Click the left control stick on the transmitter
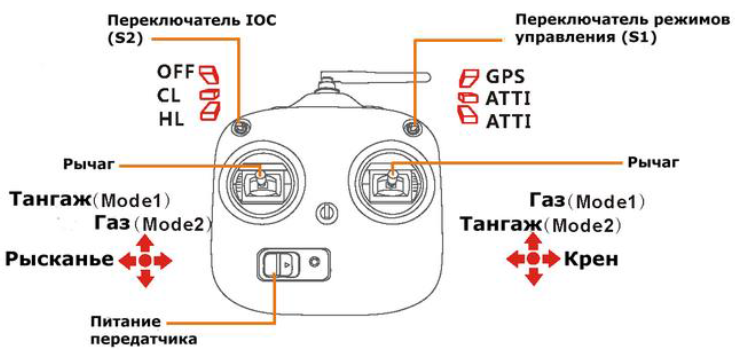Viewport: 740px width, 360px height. tap(262, 179)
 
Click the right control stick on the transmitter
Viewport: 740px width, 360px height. tap(392, 179)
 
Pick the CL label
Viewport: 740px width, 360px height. tap(169, 95)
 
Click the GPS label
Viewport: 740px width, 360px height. tap(506, 75)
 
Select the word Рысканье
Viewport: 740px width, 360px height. tap(57, 260)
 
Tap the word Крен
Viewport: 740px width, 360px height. tap(591, 260)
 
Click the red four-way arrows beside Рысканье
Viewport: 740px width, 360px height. tap(146, 261)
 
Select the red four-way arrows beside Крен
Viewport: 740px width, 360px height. tap(533, 260)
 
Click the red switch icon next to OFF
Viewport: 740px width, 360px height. tap(208, 73)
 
